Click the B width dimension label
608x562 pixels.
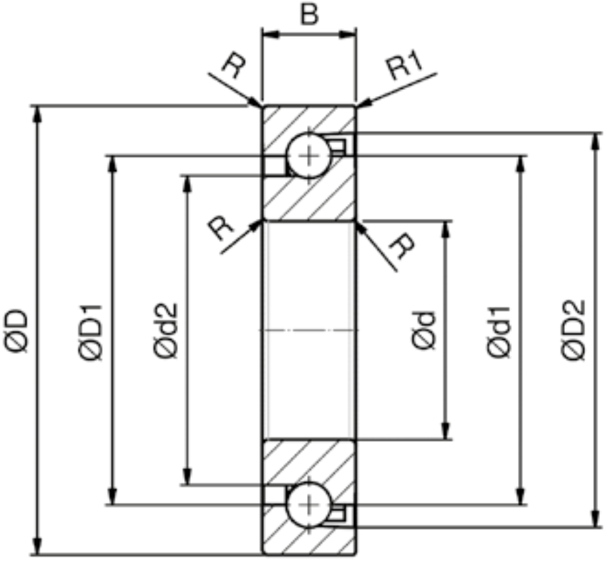(309, 15)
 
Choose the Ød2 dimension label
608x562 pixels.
(165, 330)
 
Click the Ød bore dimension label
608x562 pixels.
(424, 330)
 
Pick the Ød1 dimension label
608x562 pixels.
(499, 332)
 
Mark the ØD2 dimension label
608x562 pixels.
(572, 330)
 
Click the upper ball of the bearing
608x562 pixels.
(308, 156)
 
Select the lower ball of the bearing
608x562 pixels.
(308, 505)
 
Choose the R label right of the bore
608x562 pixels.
(402, 246)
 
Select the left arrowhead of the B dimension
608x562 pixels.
(271, 34)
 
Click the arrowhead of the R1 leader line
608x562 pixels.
(365, 103)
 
